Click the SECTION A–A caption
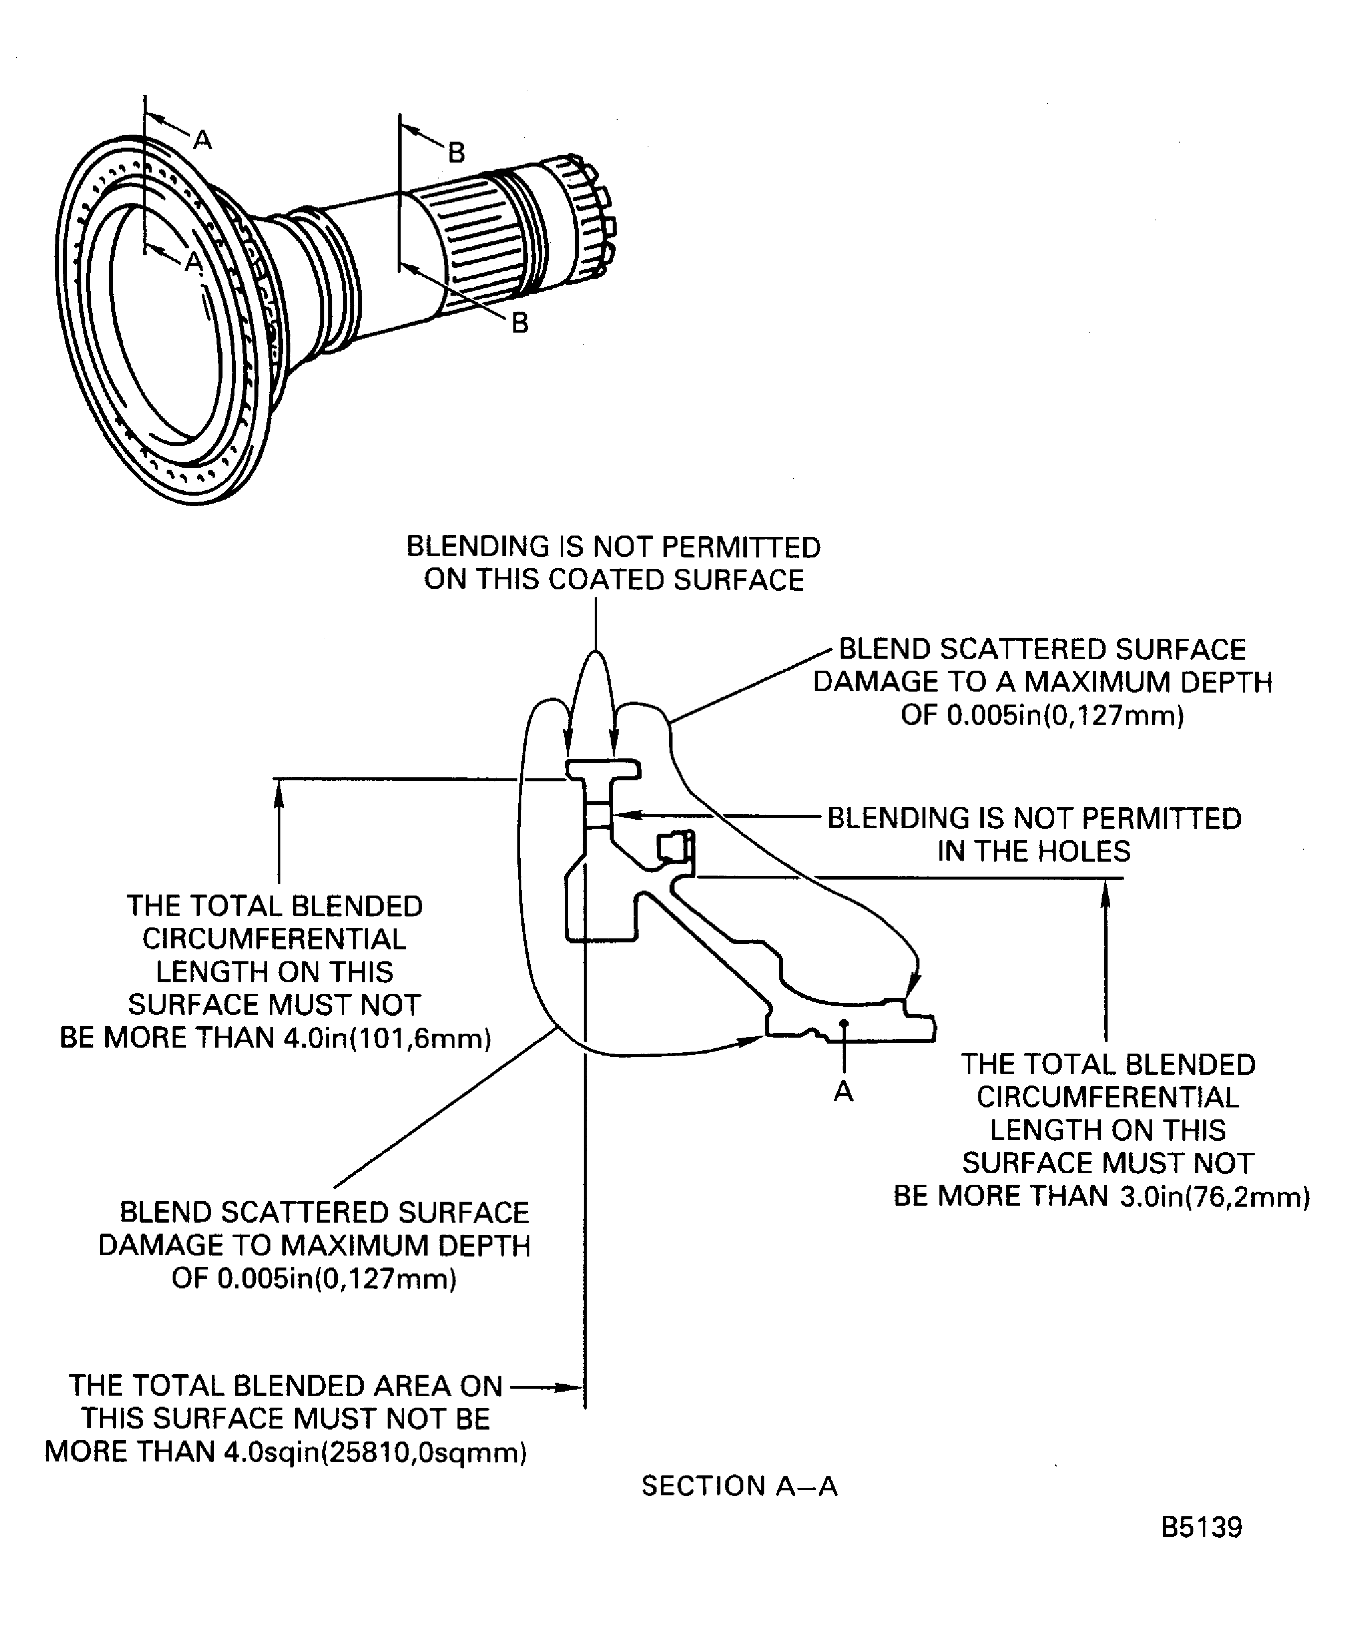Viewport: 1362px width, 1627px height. (739, 1485)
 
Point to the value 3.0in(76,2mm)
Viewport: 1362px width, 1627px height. (1215, 1196)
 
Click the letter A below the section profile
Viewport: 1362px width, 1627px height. (844, 1091)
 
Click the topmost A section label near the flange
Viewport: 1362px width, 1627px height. (203, 140)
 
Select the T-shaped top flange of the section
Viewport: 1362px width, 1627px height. (602, 769)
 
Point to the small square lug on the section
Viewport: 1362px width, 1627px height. (673, 847)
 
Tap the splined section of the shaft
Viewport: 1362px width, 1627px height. (465, 244)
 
